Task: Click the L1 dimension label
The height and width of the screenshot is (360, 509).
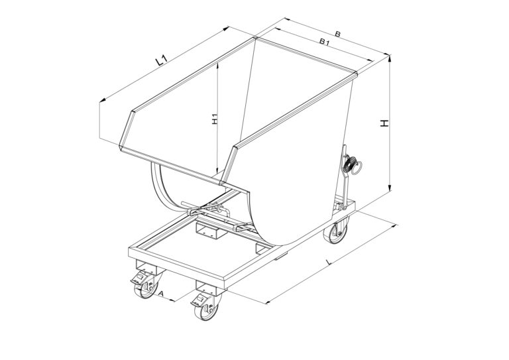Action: click(161, 60)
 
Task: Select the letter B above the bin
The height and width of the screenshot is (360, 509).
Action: click(337, 34)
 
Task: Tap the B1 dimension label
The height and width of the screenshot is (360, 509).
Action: click(324, 42)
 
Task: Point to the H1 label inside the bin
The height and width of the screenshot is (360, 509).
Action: click(214, 119)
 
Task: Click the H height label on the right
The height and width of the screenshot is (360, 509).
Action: click(384, 123)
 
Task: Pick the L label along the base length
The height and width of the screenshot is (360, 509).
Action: click(329, 262)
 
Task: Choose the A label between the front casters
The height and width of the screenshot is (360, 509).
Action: click(161, 294)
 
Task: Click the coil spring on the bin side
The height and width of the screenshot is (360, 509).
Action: click(349, 164)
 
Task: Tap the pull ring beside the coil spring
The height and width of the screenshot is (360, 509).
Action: click(358, 168)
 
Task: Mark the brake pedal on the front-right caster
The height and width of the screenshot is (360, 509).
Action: click(199, 301)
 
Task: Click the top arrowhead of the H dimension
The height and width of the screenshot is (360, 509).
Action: click(390, 59)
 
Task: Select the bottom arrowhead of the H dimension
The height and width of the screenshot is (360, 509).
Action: click(390, 188)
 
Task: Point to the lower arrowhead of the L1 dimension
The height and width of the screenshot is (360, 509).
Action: click(103, 100)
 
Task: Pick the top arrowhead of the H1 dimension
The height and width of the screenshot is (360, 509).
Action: click(217, 66)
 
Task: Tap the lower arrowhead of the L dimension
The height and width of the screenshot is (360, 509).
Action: click(269, 302)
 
